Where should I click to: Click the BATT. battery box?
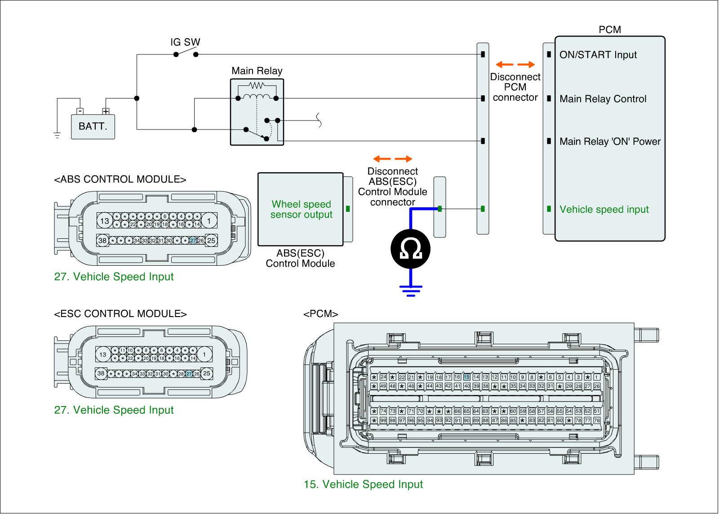pos(93,126)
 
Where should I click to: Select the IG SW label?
pos(185,42)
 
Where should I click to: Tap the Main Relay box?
pos(257,112)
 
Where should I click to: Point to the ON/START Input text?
pos(598,55)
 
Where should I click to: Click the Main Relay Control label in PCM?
pos(603,99)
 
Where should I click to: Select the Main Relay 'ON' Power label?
pos(610,142)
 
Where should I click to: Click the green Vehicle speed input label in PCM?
pos(604,210)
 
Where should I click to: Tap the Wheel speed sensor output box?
pos(301,210)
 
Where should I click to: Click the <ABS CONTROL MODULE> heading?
pos(120,179)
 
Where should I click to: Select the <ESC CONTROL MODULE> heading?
pos(120,314)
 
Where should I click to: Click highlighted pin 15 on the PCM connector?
pos(466,377)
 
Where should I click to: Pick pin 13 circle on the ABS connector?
pos(105,221)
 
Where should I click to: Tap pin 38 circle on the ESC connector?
pos(101,373)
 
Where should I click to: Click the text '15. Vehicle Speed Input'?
pos(363,484)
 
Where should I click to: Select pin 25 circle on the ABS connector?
pos(211,241)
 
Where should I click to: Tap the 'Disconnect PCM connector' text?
pos(515,87)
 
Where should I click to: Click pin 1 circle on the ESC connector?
pos(204,355)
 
